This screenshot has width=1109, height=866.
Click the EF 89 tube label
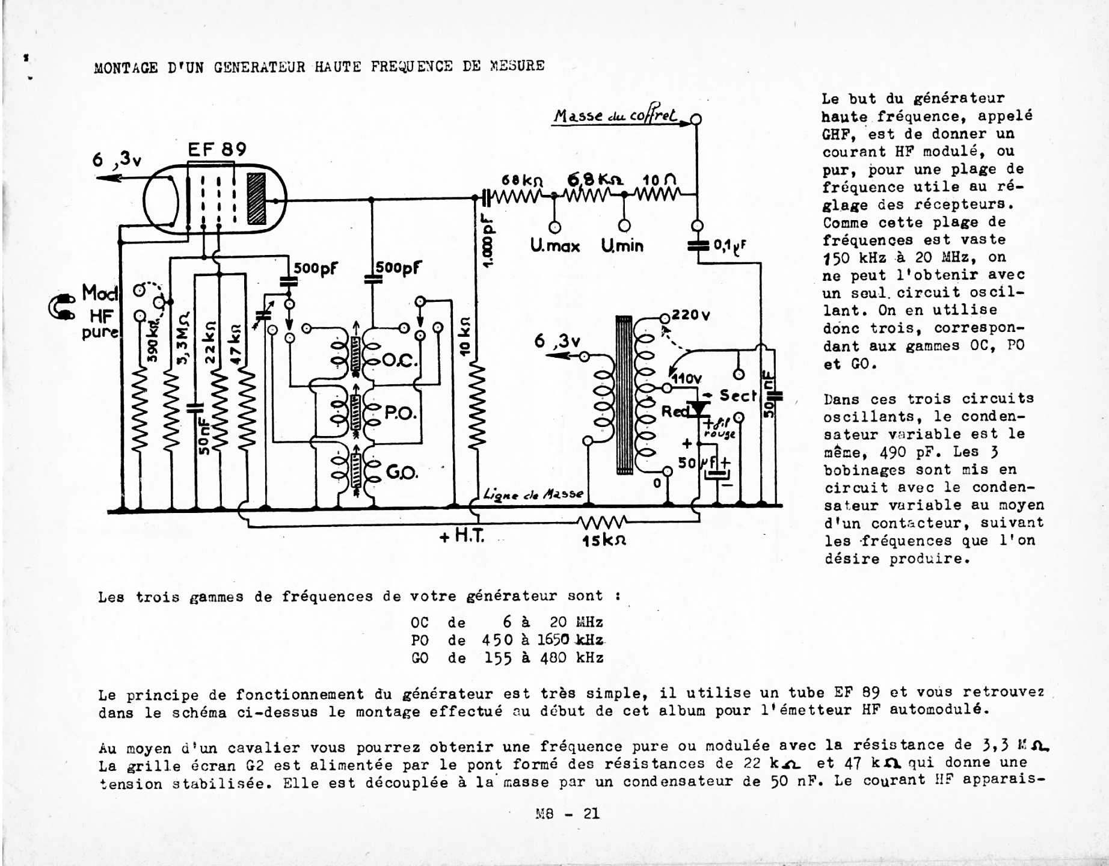[x=217, y=149]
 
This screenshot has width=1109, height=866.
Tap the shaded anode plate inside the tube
[x=256, y=199]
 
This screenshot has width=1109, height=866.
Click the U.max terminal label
[x=554, y=246]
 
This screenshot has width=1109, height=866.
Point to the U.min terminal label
[x=622, y=246]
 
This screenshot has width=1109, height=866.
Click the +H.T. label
[x=462, y=536]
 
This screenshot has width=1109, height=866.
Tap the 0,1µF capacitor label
[x=730, y=245]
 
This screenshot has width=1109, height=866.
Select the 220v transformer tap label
[x=691, y=315]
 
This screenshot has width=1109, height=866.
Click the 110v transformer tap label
[x=686, y=379]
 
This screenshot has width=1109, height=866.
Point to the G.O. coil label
[x=401, y=473]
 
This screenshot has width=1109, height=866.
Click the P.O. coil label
[x=400, y=413]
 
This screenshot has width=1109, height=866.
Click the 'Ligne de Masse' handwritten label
[x=533, y=494]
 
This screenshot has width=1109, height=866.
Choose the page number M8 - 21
[x=567, y=814]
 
